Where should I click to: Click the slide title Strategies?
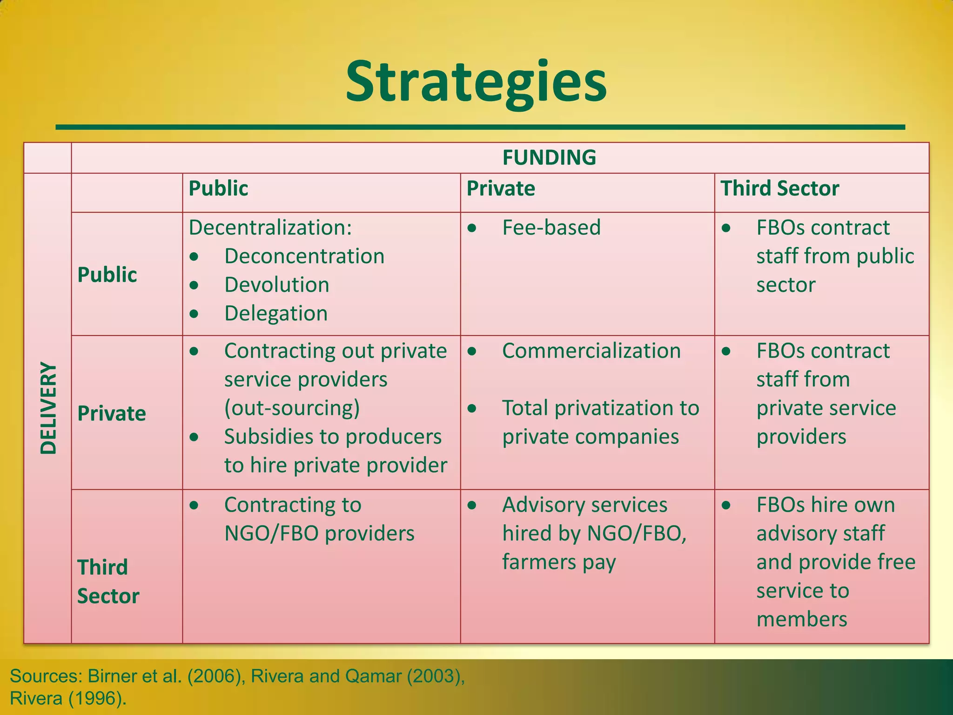[476, 83]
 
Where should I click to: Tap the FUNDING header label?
[549, 157]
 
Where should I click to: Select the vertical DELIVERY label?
[48, 408]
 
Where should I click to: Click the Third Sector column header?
[779, 189]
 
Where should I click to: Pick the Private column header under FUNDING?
[501, 189]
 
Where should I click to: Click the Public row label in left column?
[107, 275]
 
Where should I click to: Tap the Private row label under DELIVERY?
[112, 413]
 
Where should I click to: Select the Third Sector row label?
[108, 581]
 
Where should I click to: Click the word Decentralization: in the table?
[270, 228]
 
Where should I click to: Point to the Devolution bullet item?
[276, 285]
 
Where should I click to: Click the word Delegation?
[276, 313]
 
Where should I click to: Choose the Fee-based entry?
[551, 228]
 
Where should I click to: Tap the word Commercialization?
[591, 351]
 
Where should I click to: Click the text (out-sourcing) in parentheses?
[292, 408]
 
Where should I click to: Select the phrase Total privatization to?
[600, 408]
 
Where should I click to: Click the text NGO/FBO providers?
[319, 533]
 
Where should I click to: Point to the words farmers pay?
[558, 562]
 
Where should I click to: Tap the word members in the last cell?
[801, 620]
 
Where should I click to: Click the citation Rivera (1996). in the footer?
[68, 698]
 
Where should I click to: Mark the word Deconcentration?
[304, 256]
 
